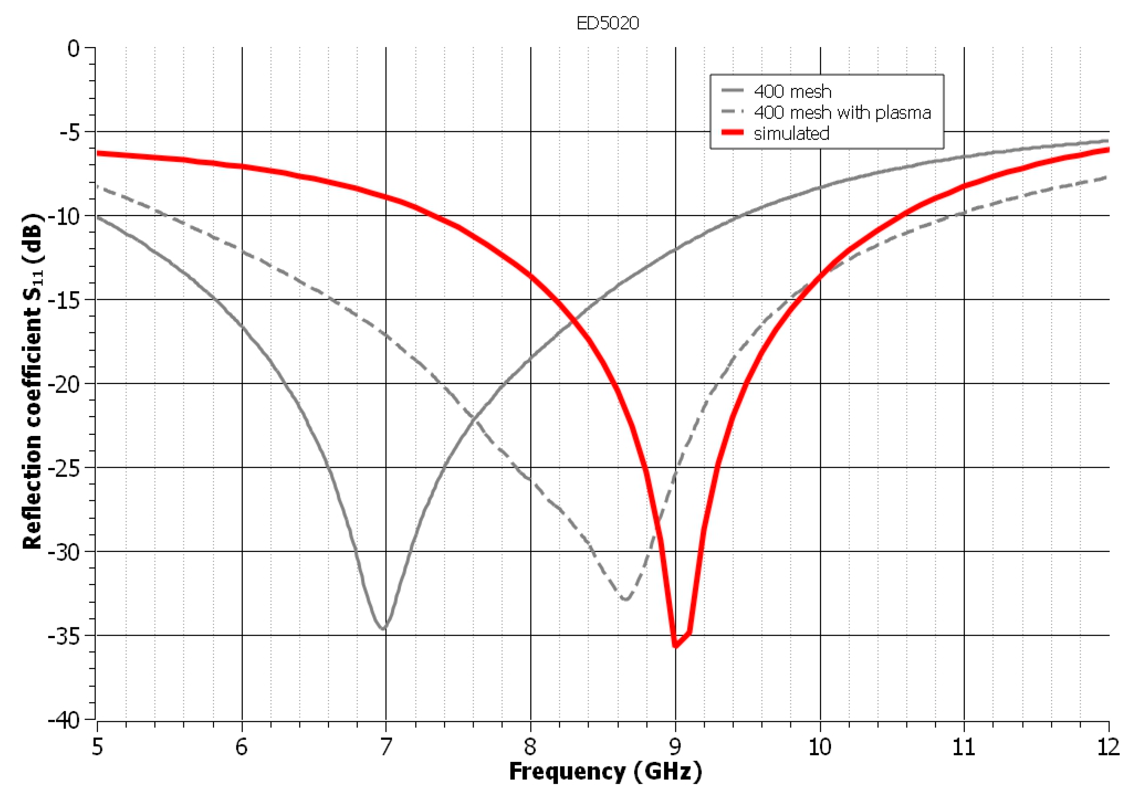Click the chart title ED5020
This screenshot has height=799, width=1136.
click(607, 23)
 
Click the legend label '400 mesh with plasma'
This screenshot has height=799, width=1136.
click(842, 113)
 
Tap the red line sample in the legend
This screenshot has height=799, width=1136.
click(732, 133)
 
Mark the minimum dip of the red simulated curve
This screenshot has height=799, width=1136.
click(675, 646)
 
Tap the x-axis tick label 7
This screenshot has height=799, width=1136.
click(385, 747)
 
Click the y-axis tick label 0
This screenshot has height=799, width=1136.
click(74, 48)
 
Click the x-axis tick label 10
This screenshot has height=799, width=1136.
click(819, 747)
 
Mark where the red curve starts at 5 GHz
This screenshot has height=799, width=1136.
click(98, 154)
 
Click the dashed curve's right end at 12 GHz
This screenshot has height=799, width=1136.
click(1108, 177)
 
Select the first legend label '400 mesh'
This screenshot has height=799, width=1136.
click(792, 92)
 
